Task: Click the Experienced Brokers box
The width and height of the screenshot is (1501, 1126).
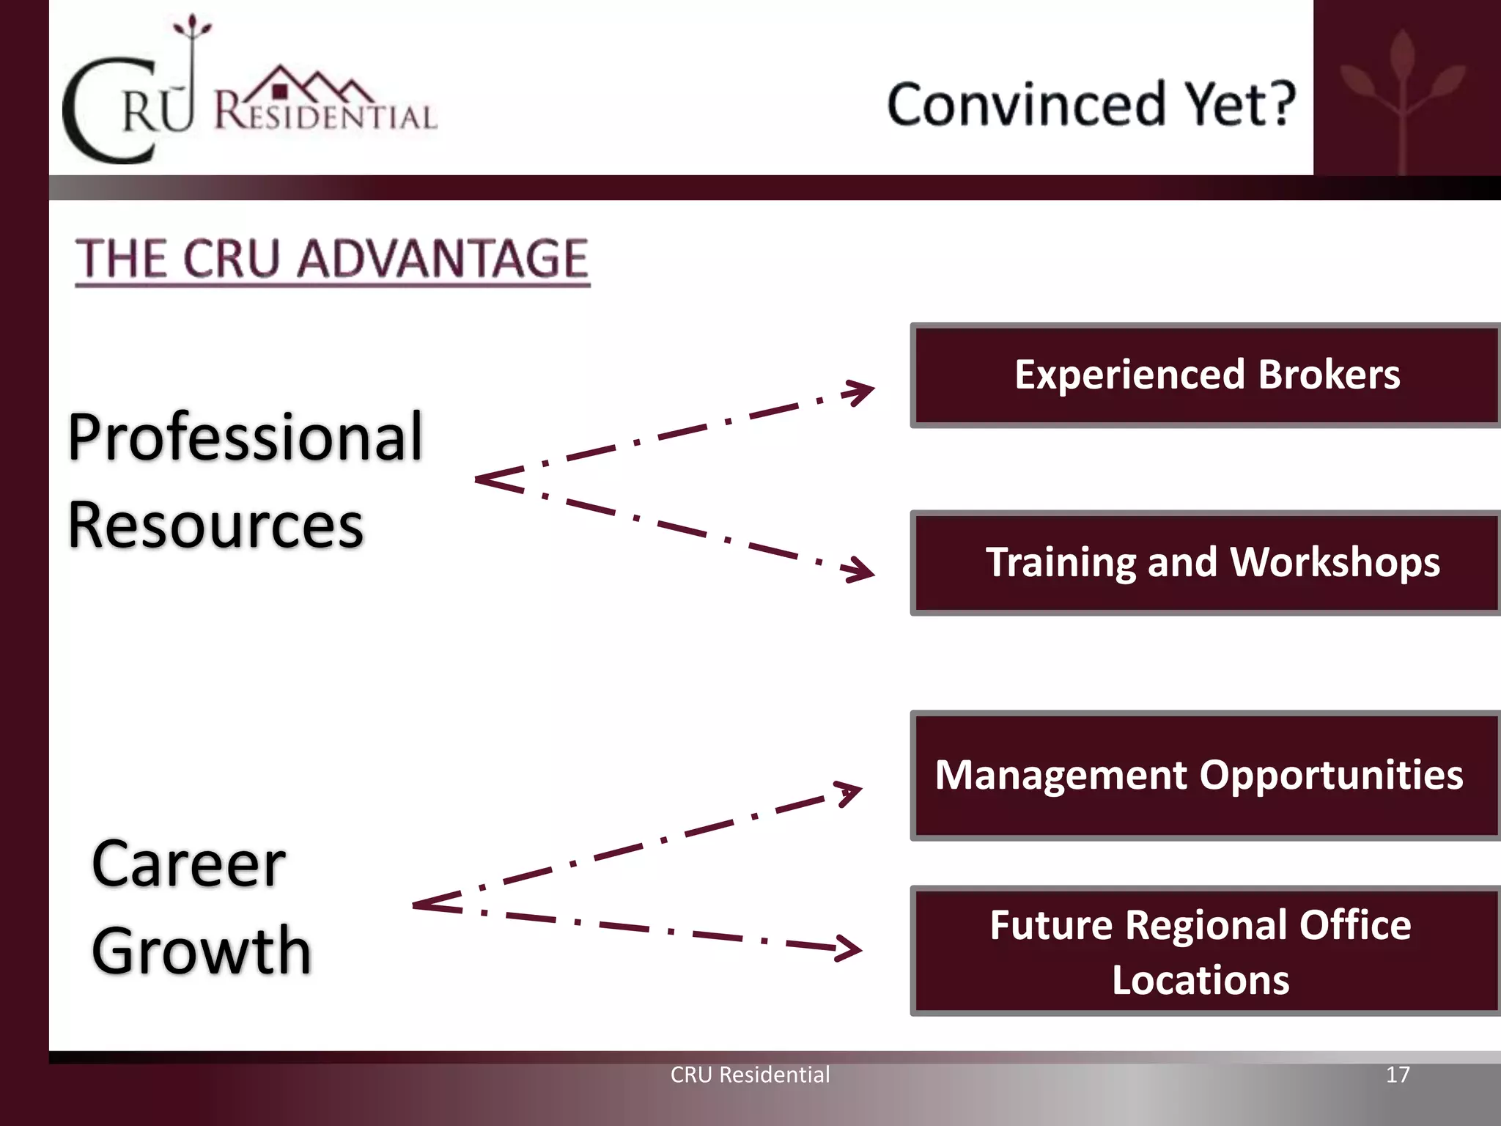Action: pyautogui.click(x=1206, y=375)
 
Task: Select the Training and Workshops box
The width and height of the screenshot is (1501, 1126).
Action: pyautogui.click(x=1206, y=563)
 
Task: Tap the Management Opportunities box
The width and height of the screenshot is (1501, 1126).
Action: pyautogui.click(x=1206, y=776)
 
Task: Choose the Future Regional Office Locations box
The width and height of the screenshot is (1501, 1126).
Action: pyautogui.click(x=1206, y=952)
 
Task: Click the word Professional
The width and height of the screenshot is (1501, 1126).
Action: pyautogui.click(x=246, y=438)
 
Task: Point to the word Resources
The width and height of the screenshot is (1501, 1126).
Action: pyautogui.click(x=215, y=526)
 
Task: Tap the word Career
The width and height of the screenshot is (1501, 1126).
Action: pyautogui.click(x=188, y=865)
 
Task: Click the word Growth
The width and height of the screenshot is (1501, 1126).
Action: pyautogui.click(x=202, y=952)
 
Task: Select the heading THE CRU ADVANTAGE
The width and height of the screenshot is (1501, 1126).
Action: pyautogui.click(x=332, y=260)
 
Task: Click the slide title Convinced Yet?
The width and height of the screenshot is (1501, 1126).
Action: pyautogui.click(x=1091, y=104)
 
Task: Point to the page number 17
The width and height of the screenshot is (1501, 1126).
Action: pyautogui.click(x=1398, y=1075)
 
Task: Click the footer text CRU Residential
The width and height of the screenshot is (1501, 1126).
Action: pyautogui.click(x=750, y=1075)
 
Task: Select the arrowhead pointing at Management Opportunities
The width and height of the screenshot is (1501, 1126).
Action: pyautogui.click(x=849, y=794)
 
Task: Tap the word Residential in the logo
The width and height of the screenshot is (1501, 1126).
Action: pyautogui.click(x=325, y=114)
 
